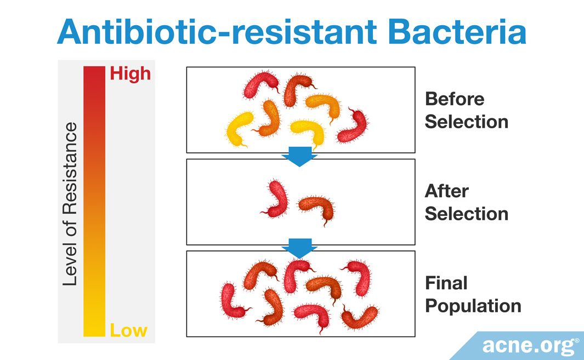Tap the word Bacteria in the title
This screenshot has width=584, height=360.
coord(457,32)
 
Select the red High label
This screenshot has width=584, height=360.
coord(130,75)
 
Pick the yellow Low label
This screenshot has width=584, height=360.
coord(128,330)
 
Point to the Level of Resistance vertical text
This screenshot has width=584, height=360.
coord(70,204)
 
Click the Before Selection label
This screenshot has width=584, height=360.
coord(466,110)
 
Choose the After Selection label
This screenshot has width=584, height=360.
coord(466,202)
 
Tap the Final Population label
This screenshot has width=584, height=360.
coord(473,294)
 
